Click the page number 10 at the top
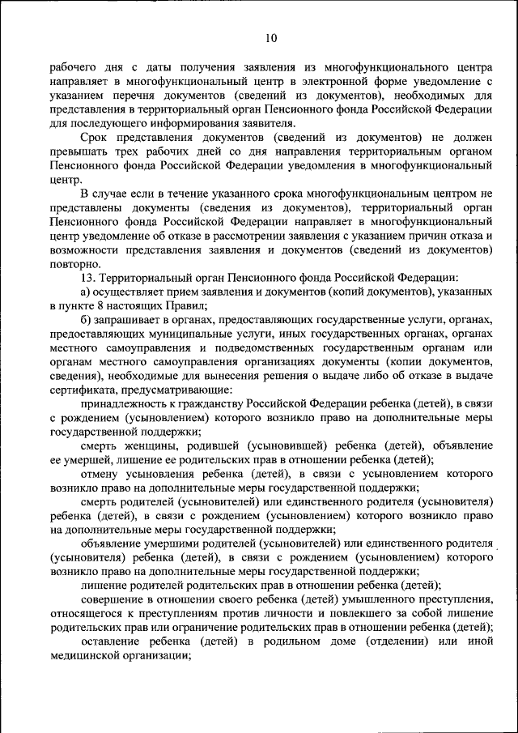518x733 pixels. coord(270,38)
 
